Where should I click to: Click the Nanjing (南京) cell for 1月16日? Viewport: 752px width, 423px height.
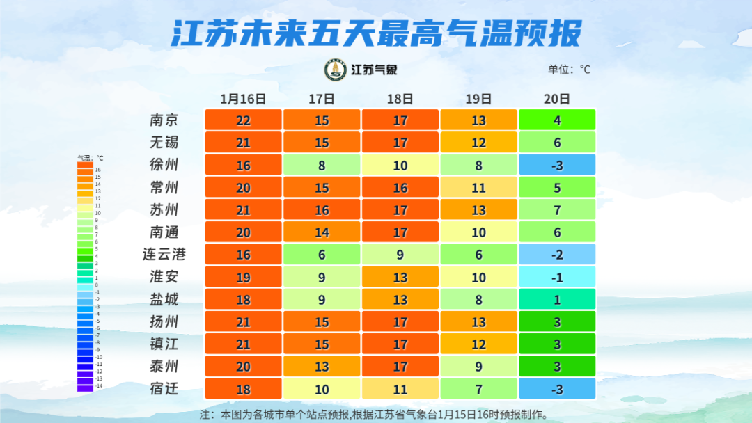[243, 120]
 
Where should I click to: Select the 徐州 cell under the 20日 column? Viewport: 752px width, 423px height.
[557, 165]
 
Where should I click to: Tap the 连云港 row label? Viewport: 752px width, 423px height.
[164, 255]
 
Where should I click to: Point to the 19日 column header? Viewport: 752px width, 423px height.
[478, 99]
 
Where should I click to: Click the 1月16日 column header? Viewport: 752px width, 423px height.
[243, 99]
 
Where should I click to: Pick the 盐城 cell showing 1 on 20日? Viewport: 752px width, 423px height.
[557, 299]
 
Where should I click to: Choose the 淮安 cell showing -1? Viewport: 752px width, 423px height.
[557, 277]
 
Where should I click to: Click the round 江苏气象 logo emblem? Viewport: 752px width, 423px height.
[336, 70]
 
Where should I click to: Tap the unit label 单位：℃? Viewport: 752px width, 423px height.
[569, 70]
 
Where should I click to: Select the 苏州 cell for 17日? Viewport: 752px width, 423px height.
[322, 209]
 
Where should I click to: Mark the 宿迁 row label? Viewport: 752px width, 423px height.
[164, 388]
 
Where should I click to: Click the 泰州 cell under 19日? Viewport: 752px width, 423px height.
[478, 366]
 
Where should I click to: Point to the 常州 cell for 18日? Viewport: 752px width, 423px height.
[400, 187]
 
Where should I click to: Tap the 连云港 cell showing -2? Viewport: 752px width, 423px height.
[557, 255]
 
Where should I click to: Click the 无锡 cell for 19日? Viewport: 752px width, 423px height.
[478, 143]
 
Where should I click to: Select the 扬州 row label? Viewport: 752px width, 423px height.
[164, 321]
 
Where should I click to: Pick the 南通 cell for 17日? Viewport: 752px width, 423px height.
[322, 232]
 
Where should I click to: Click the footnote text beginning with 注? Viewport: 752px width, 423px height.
[374, 414]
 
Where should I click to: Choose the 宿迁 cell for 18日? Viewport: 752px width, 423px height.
[400, 388]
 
